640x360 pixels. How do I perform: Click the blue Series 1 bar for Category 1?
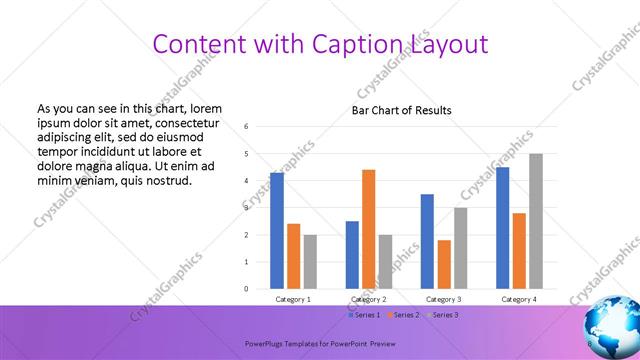click(x=277, y=231)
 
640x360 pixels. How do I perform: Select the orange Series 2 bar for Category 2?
click(x=368, y=229)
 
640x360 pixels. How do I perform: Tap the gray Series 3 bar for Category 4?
click(x=536, y=221)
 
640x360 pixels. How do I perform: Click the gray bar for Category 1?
click(x=310, y=262)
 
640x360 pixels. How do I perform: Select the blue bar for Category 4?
click(x=502, y=228)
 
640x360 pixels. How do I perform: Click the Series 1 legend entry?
click(x=365, y=315)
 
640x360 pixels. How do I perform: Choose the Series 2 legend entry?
click(x=403, y=315)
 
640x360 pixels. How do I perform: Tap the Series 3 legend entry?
click(x=441, y=315)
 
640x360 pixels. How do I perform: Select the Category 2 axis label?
click(x=368, y=299)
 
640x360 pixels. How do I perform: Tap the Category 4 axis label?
click(x=518, y=299)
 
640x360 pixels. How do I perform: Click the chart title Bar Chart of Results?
click(x=401, y=110)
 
